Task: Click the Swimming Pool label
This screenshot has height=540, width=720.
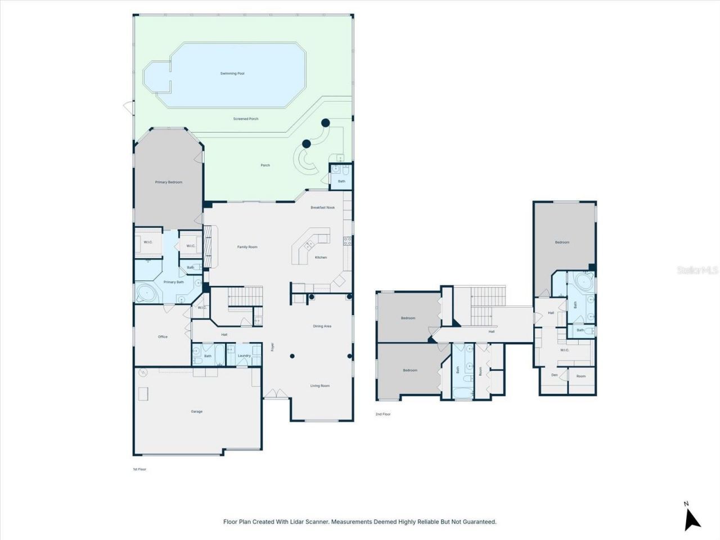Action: pyautogui.click(x=232, y=74)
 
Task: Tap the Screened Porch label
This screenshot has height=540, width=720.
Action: pyautogui.click(x=246, y=119)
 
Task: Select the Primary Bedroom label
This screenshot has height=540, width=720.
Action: pyautogui.click(x=169, y=182)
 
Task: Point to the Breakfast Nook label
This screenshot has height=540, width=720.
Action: pyautogui.click(x=322, y=208)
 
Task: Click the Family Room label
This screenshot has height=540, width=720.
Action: pyautogui.click(x=247, y=247)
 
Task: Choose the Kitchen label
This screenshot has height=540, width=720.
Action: pyautogui.click(x=321, y=258)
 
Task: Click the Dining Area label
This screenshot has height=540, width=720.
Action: pyautogui.click(x=322, y=326)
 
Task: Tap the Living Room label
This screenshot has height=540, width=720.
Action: pyautogui.click(x=320, y=386)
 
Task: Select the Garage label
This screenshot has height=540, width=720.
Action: pyautogui.click(x=196, y=412)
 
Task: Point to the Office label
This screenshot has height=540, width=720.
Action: pyautogui.click(x=163, y=337)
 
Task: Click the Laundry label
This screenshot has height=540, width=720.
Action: pyautogui.click(x=244, y=355)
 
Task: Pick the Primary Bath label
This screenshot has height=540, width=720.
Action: pyautogui.click(x=173, y=282)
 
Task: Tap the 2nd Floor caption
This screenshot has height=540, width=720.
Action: pyautogui.click(x=383, y=414)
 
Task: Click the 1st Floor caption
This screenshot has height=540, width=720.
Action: pyautogui.click(x=139, y=469)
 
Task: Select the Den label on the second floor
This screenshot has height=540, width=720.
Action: pyautogui.click(x=554, y=375)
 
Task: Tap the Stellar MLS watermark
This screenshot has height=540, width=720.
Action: pyautogui.click(x=697, y=271)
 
